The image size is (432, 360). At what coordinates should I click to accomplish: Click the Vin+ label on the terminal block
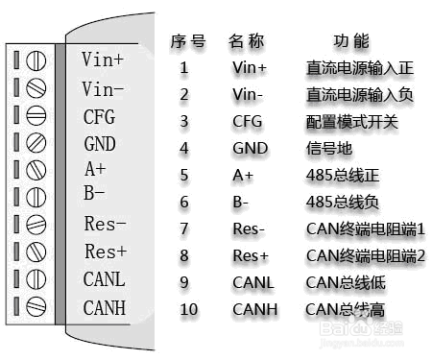pyautogui.click(x=104, y=60)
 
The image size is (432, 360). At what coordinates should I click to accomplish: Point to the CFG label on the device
pyautogui.click(x=99, y=117)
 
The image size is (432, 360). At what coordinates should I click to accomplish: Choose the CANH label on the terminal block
pyautogui.click(x=105, y=308)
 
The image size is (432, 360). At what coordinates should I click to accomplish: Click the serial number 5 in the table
pyautogui.click(x=184, y=176)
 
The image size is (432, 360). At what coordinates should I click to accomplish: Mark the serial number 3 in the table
pyautogui.click(x=184, y=122)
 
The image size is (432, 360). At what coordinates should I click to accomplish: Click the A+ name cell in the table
pyautogui.click(x=243, y=176)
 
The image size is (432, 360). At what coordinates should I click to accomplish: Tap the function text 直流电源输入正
pyautogui.click(x=358, y=68)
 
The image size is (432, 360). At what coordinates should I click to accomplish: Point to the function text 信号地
pyautogui.click(x=327, y=149)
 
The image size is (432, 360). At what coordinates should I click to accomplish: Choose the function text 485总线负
pyautogui.click(x=343, y=203)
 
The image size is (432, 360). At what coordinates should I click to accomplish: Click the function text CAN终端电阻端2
pyautogui.click(x=365, y=256)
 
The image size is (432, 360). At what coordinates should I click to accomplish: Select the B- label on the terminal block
pyautogui.click(x=94, y=194)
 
